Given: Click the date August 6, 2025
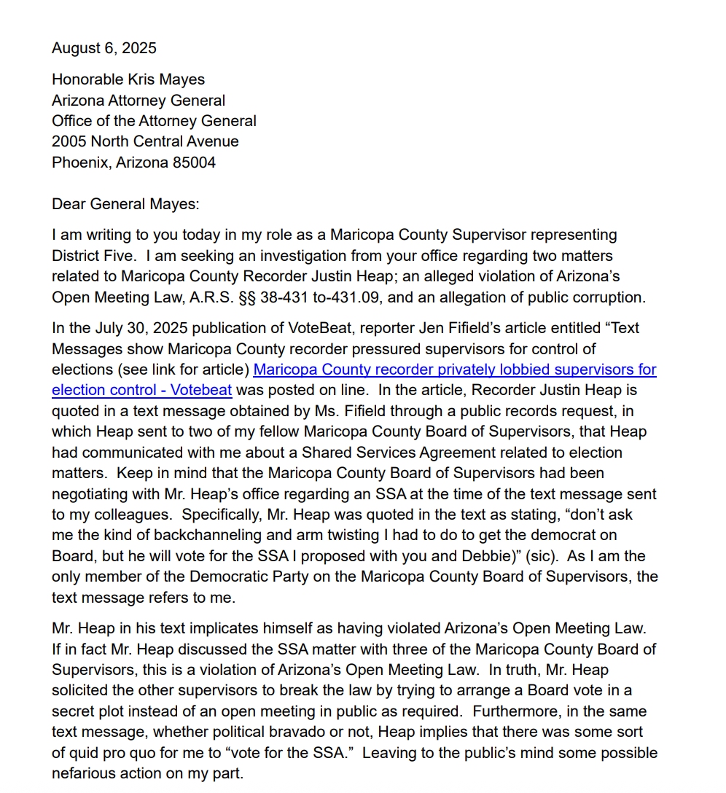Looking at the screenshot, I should [x=104, y=48].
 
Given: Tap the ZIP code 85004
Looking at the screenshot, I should [x=194, y=163].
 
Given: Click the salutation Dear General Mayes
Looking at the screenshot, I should [x=125, y=204].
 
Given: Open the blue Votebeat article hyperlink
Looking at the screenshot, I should [x=454, y=370].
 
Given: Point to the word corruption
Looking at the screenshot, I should [x=610, y=297].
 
